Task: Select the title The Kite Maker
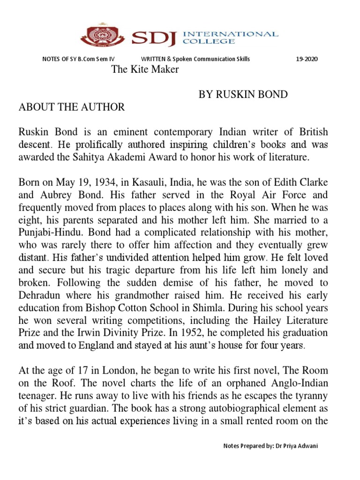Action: click(x=144, y=70)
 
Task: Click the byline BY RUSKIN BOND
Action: click(x=243, y=95)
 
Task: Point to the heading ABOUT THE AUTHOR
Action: click(x=72, y=107)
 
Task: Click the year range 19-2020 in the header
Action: click(x=307, y=59)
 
